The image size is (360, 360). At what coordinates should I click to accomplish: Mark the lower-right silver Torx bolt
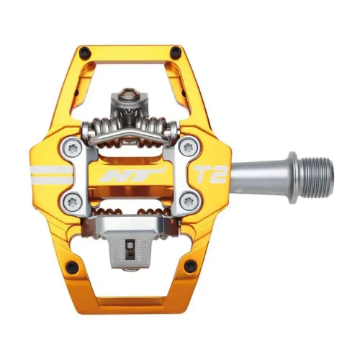[189, 200]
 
